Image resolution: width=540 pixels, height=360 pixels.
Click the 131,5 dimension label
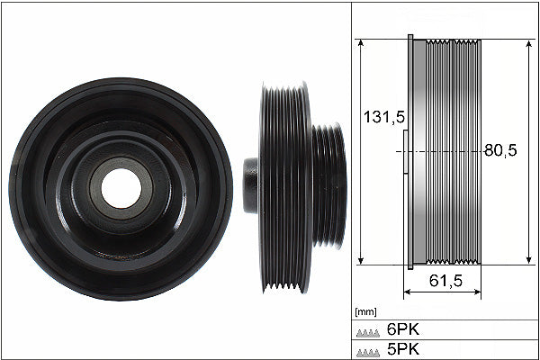click(x=384, y=117)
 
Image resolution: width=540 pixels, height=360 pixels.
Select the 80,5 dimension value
click(x=500, y=150)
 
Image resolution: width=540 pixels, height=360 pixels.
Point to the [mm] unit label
click(x=365, y=312)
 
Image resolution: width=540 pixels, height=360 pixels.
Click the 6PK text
click(x=403, y=329)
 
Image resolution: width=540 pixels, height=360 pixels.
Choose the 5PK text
click(x=403, y=349)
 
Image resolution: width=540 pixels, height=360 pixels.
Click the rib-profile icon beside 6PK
click(x=368, y=333)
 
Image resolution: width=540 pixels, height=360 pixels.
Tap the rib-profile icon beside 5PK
click(x=368, y=353)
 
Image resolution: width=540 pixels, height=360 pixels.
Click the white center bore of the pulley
click(x=121, y=188)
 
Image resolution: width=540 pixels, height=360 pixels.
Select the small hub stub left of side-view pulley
click(x=251, y=185)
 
